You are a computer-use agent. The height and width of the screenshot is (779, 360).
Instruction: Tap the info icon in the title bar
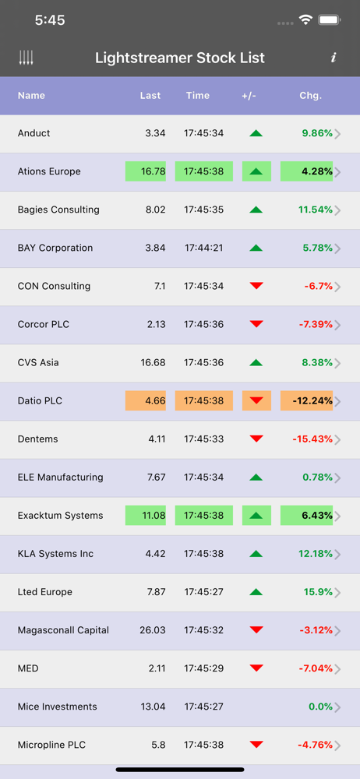pyautogui.click(x=334, y=58)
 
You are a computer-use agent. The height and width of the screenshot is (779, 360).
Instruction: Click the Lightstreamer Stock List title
pyautogui.click(x=180, y=58)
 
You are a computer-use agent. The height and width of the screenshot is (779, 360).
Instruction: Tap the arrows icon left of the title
pyautogui.click(x=26, y=58)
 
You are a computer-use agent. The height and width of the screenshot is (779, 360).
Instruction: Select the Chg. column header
pyautogui.click(x=311, y=95)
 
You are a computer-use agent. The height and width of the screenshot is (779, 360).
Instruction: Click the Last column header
pyautogui.click(x=150, y=95)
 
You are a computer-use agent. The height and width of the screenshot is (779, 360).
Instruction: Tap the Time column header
pyautogui.click(x=198, y=95)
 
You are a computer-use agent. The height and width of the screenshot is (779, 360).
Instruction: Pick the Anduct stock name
pyautogui.click(x=34, y=133)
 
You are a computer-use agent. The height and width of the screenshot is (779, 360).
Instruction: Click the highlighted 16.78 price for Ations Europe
pyautogui.click(x=145, y=171)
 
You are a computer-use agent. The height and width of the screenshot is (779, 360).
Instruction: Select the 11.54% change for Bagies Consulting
pyautogui.click(x=316, y=210)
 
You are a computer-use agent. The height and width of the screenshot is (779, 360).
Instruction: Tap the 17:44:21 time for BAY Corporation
pyautogui.click(x=204, y=248)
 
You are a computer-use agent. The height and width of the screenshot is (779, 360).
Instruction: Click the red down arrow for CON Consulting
pyautogui.click(x=256, y=286)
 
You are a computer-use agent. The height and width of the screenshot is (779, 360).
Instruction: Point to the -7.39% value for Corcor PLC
pyautogui.click(x=316, y=324)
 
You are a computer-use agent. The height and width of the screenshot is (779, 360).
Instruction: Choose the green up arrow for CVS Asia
pyautogui.click(x=256, y=363)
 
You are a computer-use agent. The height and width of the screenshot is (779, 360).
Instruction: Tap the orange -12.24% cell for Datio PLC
pyautogui.click(x=306, y=401)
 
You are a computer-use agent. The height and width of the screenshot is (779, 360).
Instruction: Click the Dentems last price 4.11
pyautogui.click(x=156, y=439)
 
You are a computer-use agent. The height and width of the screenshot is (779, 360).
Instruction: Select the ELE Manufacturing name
pyautogui.click(x=60, y=478)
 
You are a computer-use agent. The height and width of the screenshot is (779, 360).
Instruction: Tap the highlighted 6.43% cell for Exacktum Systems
pyautogui.click(x=306, y=516)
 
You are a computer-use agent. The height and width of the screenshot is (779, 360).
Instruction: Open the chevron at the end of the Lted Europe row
pyautogui.click(x=337, y=593)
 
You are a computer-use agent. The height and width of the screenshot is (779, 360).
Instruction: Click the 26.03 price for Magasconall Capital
pyautogui.click(x=153, y=630)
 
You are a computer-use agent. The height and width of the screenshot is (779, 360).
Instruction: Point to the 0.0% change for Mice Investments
pyautogui.click(x=320, y=707)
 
